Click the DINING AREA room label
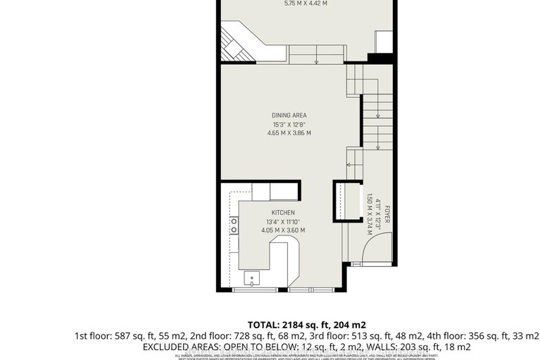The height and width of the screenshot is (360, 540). (289, 115)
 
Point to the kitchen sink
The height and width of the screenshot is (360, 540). (252, 280)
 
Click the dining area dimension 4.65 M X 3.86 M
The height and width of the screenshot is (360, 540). (289, 132)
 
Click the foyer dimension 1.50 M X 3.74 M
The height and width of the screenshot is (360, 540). (369, 213)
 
